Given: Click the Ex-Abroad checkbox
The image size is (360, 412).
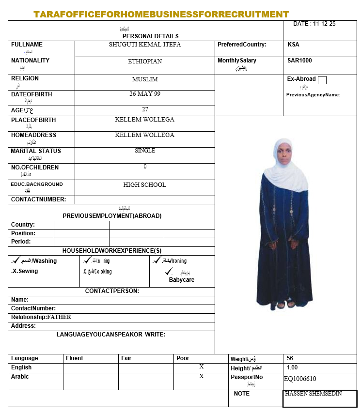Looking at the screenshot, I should coord(322,80).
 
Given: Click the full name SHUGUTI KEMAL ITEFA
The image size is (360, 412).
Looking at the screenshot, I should coord(145,45).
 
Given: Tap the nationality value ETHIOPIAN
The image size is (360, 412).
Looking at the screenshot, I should coord(145,61).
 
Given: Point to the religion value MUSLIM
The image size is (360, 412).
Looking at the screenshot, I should coord(145,79).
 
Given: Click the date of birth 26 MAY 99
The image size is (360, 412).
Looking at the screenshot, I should coord(145,94).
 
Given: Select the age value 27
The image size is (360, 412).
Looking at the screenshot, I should coord(145,109).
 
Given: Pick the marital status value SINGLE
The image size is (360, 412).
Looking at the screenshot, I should coord(145,151).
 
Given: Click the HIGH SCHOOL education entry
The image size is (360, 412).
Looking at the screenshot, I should coord(145,184).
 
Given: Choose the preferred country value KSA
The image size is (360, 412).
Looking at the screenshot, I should coord(293,45).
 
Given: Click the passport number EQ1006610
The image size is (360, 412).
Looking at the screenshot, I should coord(300,379).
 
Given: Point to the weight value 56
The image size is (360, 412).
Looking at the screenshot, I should coord(290,359).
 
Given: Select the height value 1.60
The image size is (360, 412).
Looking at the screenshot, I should coord(292,368).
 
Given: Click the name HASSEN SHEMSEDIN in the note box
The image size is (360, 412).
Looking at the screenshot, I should coord(313,394).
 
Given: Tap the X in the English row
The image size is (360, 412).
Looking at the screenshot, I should coord(202,367).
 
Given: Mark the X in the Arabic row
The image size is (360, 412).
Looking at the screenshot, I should coord(202,376).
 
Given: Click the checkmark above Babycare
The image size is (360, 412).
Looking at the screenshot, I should coord(169,272).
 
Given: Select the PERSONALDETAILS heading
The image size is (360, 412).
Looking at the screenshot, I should coord(151,36).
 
